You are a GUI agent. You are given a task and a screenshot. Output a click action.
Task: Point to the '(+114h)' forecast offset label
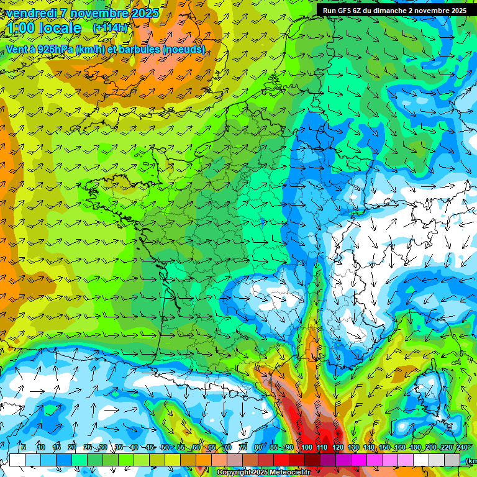point(110,28)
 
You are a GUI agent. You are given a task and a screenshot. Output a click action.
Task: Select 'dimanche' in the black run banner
point(388,11)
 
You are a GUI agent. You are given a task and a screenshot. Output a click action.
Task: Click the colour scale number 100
point(307,448)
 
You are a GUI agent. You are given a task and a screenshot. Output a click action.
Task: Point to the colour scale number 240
point(461,448)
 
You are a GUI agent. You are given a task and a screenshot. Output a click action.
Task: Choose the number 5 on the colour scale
point(23,448)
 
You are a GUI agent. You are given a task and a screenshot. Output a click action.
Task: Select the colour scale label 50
point(165,448)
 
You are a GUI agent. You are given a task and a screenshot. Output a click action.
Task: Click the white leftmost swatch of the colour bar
point(17,460)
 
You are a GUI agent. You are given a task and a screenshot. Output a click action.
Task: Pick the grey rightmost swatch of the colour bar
point(452,460)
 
